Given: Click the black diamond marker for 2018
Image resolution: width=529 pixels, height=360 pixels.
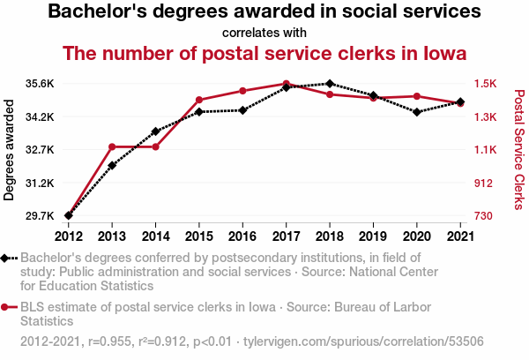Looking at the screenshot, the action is pyautogui.click(x=330, y=84).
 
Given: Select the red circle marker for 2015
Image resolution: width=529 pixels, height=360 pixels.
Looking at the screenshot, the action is pyautogui.click(x=199, y=100).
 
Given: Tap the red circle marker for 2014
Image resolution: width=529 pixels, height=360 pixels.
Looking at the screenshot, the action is pyautogui.click(x=155, y=146).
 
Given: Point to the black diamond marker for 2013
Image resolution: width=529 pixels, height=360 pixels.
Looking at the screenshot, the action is pyautogui.click(x=112, y=166).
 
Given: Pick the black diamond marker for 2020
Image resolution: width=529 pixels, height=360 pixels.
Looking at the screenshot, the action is pyautogui.click(x=417, y=112).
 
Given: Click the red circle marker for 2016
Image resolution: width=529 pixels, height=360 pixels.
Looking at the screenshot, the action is pyautogui.click(x=242, y=91).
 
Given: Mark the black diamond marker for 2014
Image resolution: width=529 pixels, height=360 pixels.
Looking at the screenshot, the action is pyautogui.click(x=155, y=131).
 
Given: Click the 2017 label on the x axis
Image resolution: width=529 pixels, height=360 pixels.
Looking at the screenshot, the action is pyautogui.click(x=286, y=236).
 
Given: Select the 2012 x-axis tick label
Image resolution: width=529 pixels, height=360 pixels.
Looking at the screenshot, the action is pyautogui.click(x=69, y=236).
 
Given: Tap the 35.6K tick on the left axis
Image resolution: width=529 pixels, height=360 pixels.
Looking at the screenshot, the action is pyautogui.click(x=40, y=84).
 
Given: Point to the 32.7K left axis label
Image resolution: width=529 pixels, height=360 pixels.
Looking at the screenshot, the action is pyautogui.click(x=40, y=149).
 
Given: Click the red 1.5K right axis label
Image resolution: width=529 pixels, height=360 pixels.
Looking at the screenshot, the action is pyautogui.click(x=486, y=84).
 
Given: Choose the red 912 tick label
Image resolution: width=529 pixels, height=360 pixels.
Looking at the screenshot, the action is pyautogui.click(x=483, y=183).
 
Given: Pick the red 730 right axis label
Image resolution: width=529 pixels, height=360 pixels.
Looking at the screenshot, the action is pyautogui.click(x=483, y=215).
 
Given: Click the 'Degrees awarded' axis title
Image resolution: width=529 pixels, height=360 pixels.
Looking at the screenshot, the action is pyautogui.click(x=9, y=150).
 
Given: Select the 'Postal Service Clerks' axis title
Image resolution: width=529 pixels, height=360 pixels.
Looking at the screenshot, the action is pyautogui.click(x=519, y=150).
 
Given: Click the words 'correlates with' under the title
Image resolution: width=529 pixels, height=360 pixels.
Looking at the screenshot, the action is pyautogui.click(x=264, y=33).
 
